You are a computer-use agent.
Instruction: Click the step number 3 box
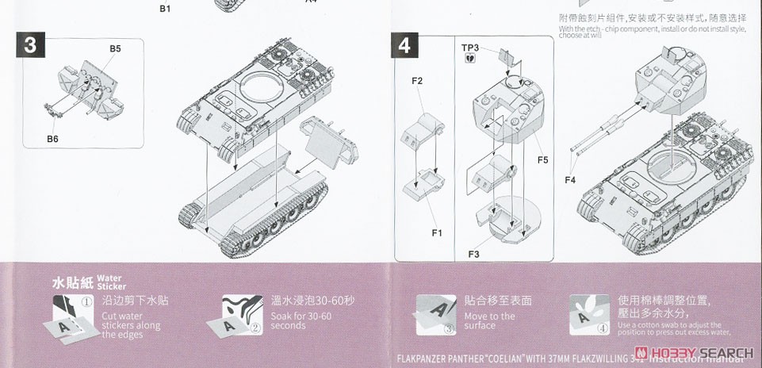[x=30, y=45]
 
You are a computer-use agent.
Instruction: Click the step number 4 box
[x=404, y=45]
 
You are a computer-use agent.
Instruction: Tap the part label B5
[x=115, y=49]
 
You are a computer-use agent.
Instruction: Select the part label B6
[x=52, y=140]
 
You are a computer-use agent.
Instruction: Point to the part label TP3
[x=470, y=48]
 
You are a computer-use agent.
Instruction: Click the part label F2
[x=417, y=82]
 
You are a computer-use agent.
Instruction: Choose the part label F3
[x=473, y=253]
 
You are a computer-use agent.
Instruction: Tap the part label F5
[x=542, y=160]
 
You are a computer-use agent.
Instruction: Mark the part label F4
[x=570, y=179]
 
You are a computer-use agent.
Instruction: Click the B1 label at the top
[x=165, y=8]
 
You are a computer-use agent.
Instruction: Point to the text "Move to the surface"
[x=489, y=320]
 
